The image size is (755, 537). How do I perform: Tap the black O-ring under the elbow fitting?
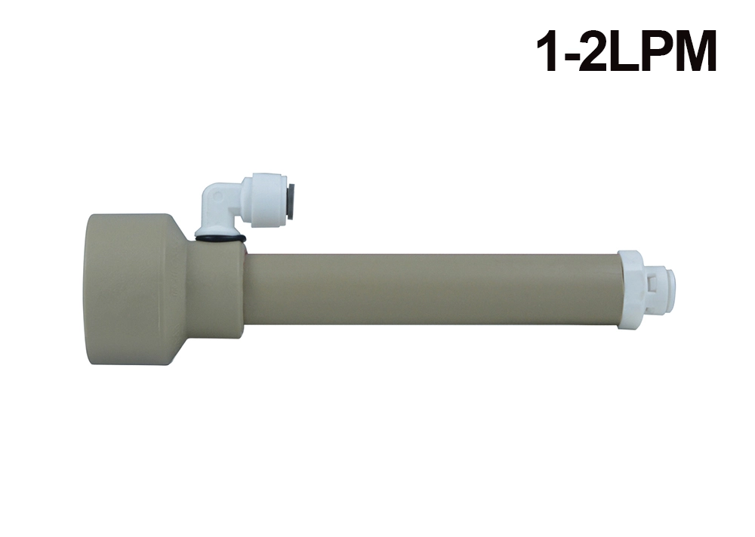(221, 238)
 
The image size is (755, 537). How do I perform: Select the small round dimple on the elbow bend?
(218, 196)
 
